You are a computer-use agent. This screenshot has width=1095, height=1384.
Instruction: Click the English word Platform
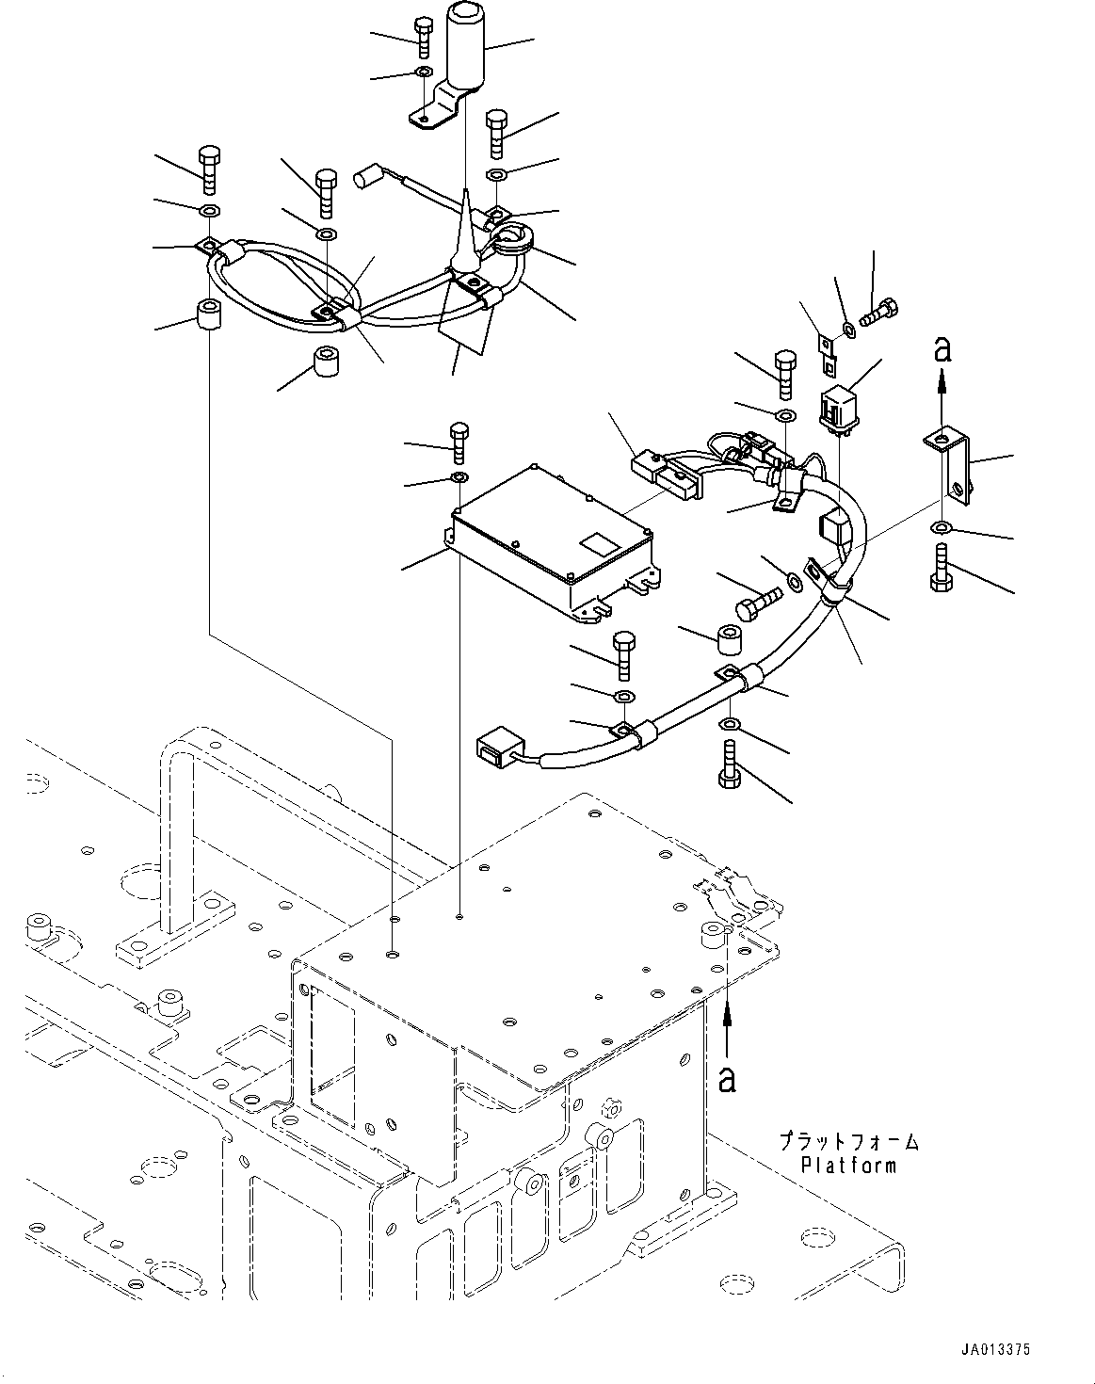tap(848, 1165)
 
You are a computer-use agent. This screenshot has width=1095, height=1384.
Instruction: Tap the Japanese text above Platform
tap(849, 1141)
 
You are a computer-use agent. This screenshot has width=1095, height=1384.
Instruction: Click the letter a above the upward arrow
tap(942, 350)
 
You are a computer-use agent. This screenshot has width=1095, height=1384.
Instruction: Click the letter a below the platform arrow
tap(727, 1080)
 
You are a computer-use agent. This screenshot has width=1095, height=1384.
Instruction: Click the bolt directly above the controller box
tap(459, 443)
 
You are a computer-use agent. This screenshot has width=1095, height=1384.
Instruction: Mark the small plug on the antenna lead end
tap(364, 178)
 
